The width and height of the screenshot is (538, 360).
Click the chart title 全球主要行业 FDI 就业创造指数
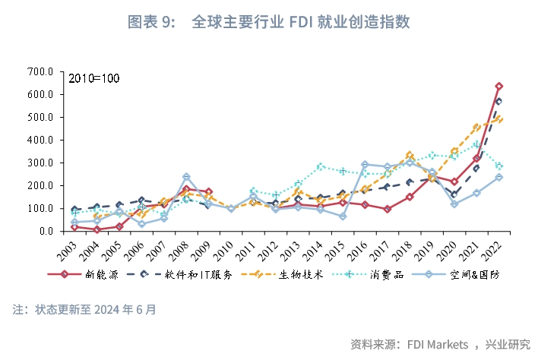pyautogui.click(x=301, y=22)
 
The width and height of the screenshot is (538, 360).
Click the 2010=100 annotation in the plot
pyautogui.click(x=94, y=79)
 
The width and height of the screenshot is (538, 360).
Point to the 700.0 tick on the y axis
pyautogui.click(x=39, y=71)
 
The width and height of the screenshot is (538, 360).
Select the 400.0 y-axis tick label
pyautogui.click(x=39, y=140)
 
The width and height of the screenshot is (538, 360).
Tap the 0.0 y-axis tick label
pyautogui.click(x=44, y=231)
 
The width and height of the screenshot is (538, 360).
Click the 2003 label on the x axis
pyautogui.click(x=68, y=251)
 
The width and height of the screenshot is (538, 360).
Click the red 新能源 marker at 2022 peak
pyautogui.click(x=498, y=87)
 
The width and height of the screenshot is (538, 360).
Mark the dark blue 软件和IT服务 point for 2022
pyautogui.click(x=498, y=101)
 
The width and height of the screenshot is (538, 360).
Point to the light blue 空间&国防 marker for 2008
pyautogui.click(x=186, y=177)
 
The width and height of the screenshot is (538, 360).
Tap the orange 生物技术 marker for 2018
pyautogui.click(x=410, y=155)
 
